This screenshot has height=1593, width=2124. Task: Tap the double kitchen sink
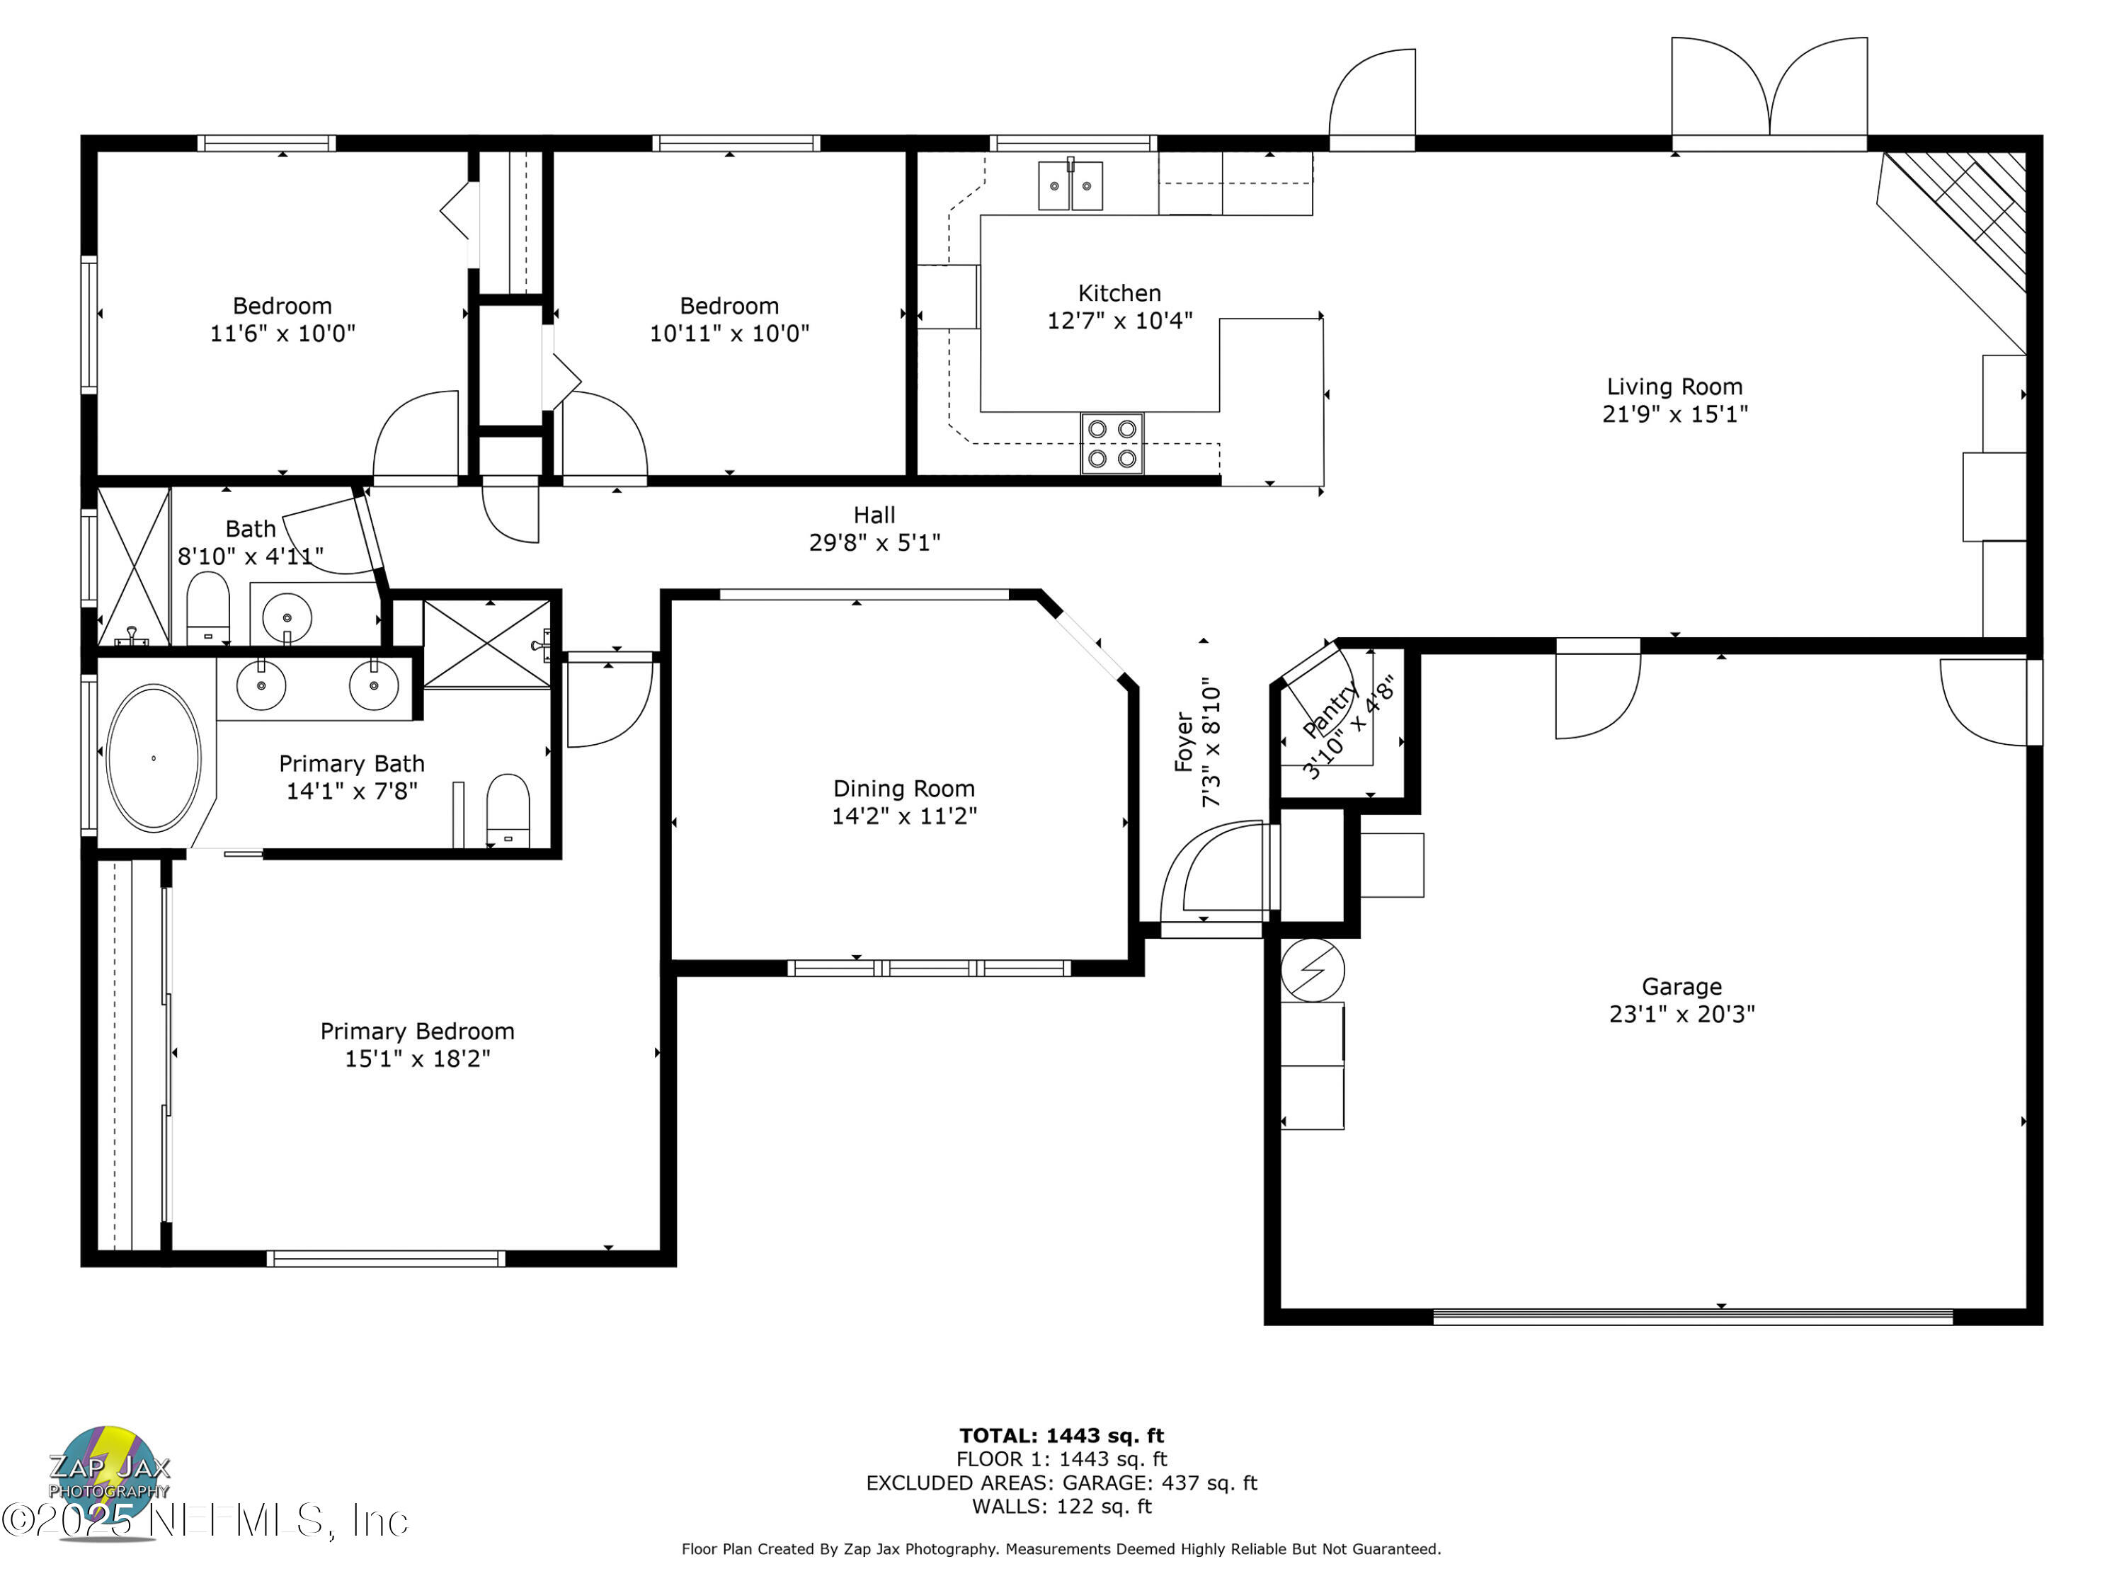[1070, 185]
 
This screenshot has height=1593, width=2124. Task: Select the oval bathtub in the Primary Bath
[154, 758]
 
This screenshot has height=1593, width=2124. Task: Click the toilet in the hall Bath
[207, 607]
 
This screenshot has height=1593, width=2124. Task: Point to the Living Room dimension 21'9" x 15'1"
[1674, 414]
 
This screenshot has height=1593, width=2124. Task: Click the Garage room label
[1681, 986]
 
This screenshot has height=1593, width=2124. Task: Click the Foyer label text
[1184, 741]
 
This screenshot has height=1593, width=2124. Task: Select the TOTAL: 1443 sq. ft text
[1061, 1436]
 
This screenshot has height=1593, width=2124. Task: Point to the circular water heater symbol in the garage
[1313, 970]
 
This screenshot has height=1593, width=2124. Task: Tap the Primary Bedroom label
[417, 1032]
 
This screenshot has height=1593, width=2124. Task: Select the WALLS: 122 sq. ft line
[1061, 1506]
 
